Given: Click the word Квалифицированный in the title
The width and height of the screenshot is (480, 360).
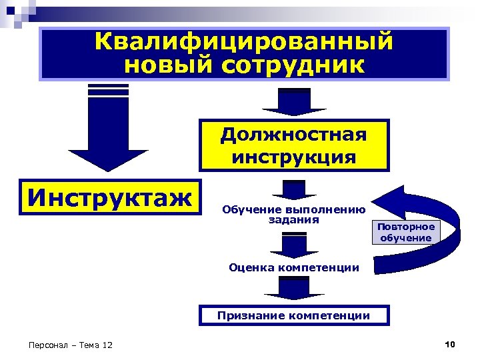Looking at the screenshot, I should point(244,41).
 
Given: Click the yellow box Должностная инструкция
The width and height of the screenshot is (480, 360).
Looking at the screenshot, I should point(293,145).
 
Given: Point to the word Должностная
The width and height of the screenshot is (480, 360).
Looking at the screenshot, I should point(293,135).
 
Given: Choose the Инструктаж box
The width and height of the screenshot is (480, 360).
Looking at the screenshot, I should point(110,197).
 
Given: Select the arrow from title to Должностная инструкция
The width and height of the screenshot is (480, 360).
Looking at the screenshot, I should point(294,102).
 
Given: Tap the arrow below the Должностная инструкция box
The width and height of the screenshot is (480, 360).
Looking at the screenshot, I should point(294,189).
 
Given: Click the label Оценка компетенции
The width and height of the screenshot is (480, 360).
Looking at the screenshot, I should point(294,267).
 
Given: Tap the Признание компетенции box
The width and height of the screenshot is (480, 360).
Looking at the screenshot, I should point(294,315).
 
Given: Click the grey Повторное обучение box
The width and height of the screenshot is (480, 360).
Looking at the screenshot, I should point(406,233).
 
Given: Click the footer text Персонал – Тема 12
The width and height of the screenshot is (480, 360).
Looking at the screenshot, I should point(71,345).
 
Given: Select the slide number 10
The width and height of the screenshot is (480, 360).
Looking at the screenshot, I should point(449,344).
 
